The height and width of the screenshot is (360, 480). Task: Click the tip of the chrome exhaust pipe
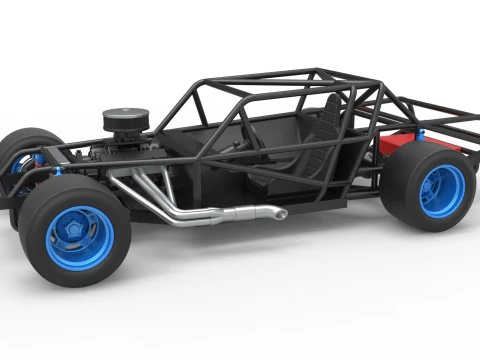279,213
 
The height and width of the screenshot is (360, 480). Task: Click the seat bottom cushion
290,170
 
